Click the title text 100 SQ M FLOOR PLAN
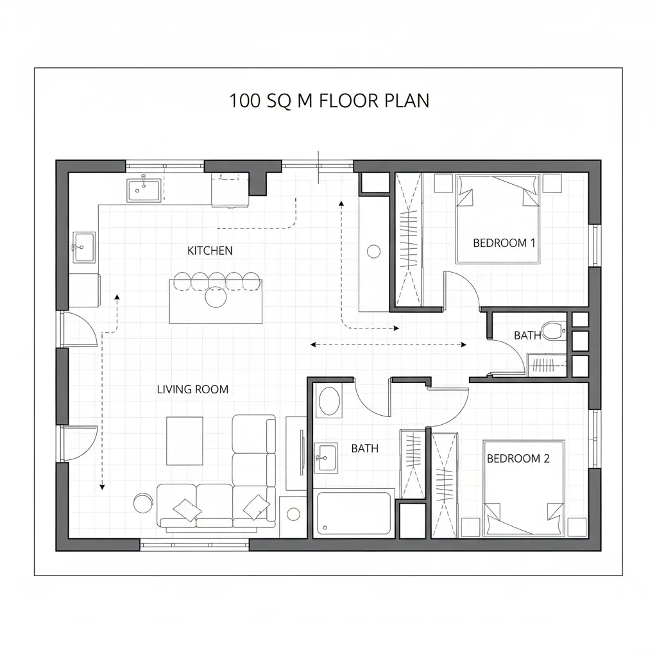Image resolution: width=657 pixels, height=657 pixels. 329,101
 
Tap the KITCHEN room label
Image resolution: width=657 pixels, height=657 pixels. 210,251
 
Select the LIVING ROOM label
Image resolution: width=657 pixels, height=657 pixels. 192,389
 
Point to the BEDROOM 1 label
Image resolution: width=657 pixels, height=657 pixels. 504,243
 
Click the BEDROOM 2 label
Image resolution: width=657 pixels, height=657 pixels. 518,458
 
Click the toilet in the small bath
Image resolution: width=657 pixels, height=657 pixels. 553,330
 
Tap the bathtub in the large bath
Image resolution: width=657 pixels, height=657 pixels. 354,513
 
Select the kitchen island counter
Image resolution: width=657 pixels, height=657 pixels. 216,302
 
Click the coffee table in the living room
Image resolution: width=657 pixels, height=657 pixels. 185,441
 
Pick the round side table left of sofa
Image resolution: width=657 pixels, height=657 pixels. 143,503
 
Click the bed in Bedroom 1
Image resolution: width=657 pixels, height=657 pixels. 498,219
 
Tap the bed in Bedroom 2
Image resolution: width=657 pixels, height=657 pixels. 524,488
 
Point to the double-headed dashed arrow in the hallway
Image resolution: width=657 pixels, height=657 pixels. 388,345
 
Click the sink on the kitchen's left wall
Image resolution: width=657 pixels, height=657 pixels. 84,247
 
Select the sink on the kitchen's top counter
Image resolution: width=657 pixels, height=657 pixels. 144,190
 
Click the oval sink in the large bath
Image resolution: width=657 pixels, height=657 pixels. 329,401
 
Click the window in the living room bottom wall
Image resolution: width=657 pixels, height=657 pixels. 194,545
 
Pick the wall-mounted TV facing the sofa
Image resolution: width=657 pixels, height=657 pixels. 302,452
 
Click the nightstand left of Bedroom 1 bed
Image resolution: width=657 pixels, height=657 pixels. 443,183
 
